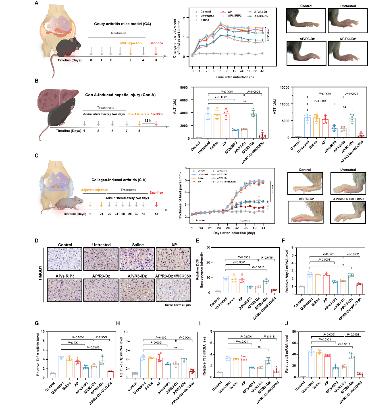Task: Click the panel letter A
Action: (x=37, y=4)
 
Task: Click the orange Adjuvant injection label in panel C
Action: (x=95, y=189)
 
